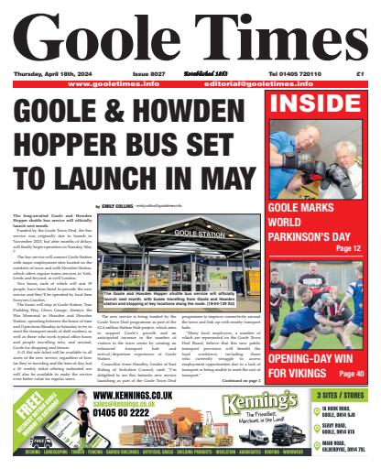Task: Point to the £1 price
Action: [x=359, y=74]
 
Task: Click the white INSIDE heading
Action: [x=321, y=104]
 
